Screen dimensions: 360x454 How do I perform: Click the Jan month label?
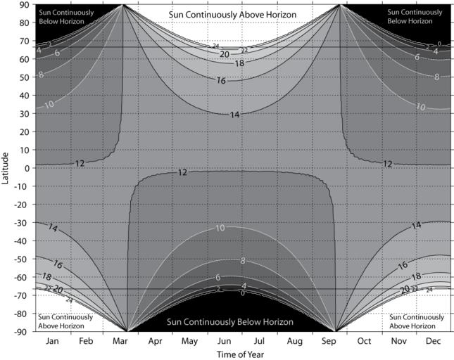point(52,341)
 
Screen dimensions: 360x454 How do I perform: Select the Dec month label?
point(433,341)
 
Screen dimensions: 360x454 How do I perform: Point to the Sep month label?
point(329,341)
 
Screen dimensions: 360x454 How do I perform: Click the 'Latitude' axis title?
point(6,167)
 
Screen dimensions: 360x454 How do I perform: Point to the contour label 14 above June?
point(235,114)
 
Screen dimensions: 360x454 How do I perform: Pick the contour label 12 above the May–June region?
point(182,172)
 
